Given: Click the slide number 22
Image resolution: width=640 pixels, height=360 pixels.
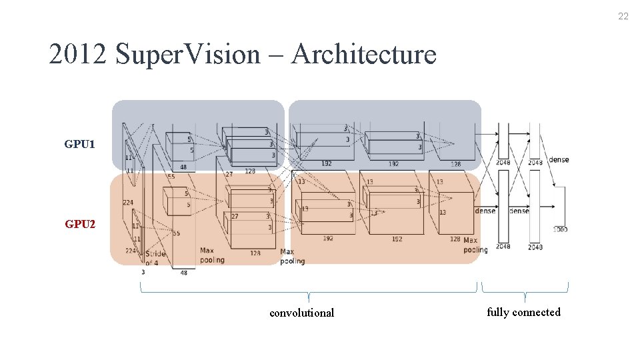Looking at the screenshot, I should (623, 17).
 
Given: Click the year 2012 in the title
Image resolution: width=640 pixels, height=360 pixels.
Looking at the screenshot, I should (78, 54).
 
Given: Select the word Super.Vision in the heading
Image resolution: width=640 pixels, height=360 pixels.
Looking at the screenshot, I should (187, 54).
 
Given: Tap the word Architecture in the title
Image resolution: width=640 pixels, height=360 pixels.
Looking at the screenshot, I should (364, 54).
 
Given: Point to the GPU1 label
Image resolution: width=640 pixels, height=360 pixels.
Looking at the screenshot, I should (79, 144).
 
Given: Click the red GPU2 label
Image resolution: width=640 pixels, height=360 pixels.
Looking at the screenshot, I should (79, 224).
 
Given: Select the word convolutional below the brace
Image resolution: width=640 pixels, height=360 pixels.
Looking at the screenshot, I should (301, 313).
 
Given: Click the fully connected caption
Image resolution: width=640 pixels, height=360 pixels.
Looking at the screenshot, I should (523, 312).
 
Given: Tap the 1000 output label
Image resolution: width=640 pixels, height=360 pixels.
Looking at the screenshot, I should (560, 229).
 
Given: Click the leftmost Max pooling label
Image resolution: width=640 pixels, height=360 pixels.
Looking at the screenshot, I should (211, 255).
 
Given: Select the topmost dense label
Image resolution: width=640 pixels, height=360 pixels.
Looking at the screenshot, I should (559, 160).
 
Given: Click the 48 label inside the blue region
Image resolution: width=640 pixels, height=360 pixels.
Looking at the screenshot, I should (183, 167).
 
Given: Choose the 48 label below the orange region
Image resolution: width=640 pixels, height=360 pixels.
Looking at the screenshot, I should (184, 273).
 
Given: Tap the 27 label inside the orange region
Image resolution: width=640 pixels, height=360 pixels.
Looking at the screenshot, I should (235, 216).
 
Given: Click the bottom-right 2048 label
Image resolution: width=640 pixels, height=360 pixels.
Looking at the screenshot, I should (535, 247).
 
